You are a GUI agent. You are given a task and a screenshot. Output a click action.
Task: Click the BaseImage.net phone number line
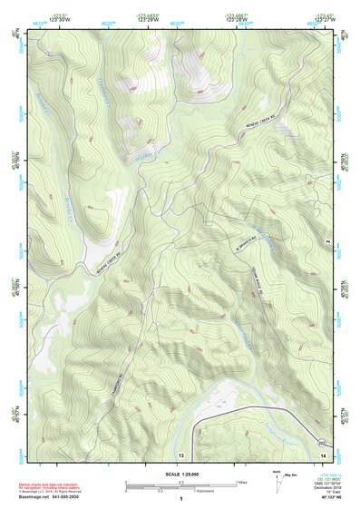click(x=49, y=498)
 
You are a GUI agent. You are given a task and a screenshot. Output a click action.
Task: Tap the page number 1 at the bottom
click(x=181, y=498)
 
